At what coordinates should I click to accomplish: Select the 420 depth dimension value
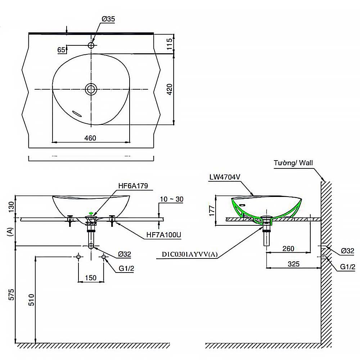coord(170,89)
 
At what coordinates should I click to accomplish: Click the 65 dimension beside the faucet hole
coord(61,50)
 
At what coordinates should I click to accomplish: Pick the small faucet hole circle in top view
coord(91,45)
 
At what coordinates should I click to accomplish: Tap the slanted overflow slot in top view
coord(77,113)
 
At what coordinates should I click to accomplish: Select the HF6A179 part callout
coord(133,186)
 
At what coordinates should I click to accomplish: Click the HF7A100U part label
coord(163,235)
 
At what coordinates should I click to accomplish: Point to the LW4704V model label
coord(225,177)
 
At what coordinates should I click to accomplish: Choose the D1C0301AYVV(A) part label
coord(190,255)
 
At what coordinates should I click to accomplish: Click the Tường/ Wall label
coord(293,163)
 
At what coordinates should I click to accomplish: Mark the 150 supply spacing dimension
coord(91,278)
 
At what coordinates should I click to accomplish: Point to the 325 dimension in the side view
coord(294,264)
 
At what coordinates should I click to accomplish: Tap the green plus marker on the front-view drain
coord(91,213)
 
